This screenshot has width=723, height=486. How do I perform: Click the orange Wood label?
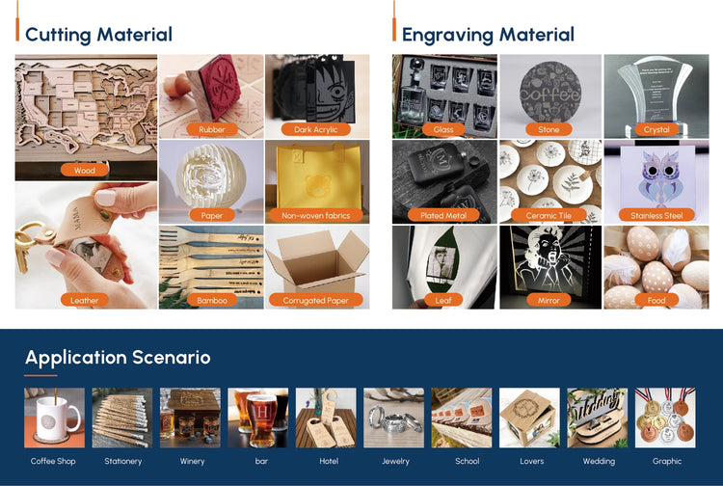[85, 170]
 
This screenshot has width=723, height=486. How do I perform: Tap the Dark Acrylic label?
[316, 129]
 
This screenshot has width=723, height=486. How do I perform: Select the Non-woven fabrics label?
[316, 215]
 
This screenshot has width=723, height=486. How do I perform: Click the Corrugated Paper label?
[316, 300]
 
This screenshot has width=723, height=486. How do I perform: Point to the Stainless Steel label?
[656, 215]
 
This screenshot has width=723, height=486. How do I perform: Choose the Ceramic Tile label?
[549, 215]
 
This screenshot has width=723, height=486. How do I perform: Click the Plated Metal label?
[443, 215]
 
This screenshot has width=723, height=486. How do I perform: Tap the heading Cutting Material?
[98, 35]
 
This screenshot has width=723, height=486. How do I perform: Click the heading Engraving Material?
[489, 35]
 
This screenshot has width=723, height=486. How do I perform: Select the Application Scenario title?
[118, 358]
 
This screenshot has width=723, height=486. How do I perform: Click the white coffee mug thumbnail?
[54, 418]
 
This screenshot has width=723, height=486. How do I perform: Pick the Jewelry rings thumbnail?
[393, 418]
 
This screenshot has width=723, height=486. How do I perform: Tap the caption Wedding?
[599, 461]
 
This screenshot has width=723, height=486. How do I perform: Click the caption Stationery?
[123, 461]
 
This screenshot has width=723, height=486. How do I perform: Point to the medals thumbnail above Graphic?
[665, 418]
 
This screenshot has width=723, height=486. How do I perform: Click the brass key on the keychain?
[23, 248]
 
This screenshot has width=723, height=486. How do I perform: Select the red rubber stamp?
[214, 88]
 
